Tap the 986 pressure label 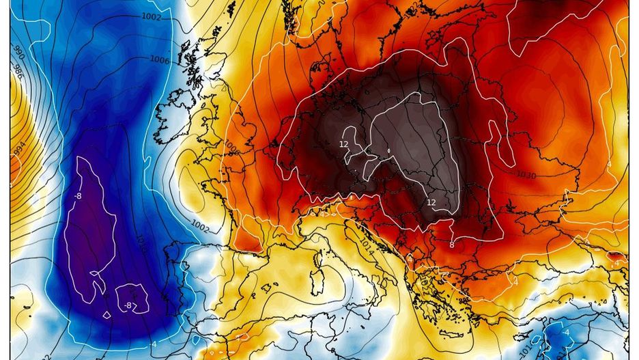pos(19,74)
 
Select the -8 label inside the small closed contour pos(128,305)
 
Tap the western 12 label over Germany pos(344,144)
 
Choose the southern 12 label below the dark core pos(431,202)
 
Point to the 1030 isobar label pos(526,176)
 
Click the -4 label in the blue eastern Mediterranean pos(567,333)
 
